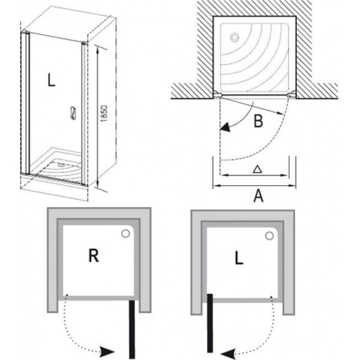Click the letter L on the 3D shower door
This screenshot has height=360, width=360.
(51, 81)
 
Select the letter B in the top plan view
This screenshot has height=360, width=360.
(258, 122)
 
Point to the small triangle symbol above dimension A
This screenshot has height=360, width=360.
(256, 170)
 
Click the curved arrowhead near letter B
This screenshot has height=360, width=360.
(226, 127)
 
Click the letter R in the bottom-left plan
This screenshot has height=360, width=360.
(93, 257)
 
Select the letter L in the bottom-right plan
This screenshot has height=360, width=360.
(239, 259)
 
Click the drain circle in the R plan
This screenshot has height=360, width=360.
(127, 235)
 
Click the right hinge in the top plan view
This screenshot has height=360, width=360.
(292, 94)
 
